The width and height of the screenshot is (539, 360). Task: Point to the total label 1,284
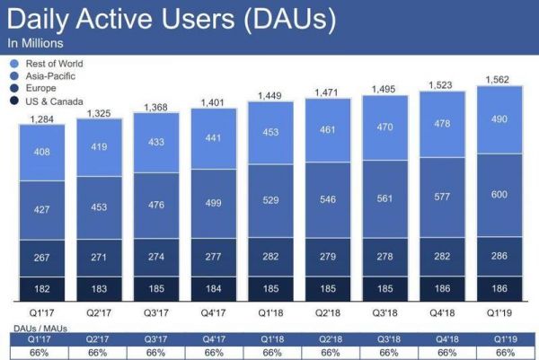42,119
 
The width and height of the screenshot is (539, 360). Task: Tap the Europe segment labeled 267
42,259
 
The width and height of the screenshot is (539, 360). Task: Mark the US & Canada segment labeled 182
42,289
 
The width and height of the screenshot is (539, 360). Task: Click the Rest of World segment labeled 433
156,142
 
